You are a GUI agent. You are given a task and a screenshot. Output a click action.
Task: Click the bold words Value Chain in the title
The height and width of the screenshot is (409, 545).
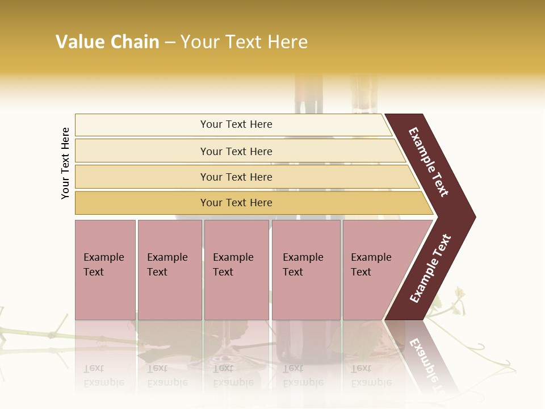point(107,42)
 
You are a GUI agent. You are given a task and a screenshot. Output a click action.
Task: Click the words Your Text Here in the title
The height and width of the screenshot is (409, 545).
point(244,42)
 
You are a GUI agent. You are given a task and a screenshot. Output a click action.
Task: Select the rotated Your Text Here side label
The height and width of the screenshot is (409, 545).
point(65,163)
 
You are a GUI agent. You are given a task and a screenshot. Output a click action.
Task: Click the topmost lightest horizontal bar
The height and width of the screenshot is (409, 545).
point(142,125)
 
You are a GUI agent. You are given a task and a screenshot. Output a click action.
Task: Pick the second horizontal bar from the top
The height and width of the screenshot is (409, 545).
point(142,151)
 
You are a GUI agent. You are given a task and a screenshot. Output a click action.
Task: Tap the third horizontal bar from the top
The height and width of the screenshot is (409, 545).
point(142,177)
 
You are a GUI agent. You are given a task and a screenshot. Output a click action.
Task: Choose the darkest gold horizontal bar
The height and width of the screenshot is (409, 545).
point(142,203)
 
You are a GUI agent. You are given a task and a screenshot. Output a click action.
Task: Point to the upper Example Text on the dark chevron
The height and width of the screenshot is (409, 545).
point(429,162)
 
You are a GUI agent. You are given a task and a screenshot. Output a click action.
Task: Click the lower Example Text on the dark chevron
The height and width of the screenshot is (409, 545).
point(430,269)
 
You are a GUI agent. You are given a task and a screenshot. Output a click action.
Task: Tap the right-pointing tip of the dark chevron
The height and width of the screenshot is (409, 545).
point(472,216)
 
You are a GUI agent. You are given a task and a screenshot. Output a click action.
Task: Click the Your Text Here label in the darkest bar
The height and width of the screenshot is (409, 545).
point(236,203)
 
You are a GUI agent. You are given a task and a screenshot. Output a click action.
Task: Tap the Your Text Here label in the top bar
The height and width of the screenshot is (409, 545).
point(236,124)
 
